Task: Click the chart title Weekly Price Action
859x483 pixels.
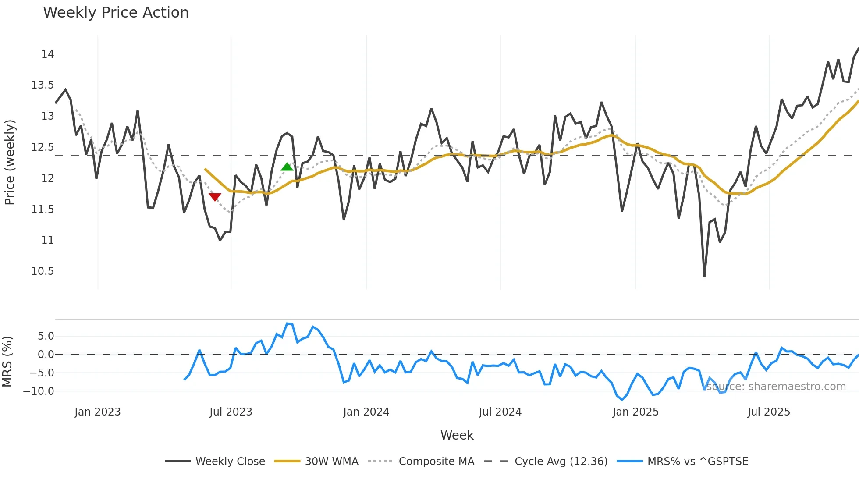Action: pyautogui.click(x=116, y=13)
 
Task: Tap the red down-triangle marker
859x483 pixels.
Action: pyautogui.click(x=215, y=197)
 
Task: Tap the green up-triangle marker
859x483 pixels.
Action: pyautogui.click(x=287, y=167)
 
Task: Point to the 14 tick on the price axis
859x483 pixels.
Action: pyautogui.click(x=47, y=54)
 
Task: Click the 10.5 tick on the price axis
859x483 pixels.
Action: pyautogui.click(x=43, y=271)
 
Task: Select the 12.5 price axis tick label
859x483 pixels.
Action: pyautogui.click(x=43, y=147)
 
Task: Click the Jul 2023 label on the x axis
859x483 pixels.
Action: pyautogui.click(x=231, y=412)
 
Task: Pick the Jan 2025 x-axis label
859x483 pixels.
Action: pyautogui.click(x=635, y=412)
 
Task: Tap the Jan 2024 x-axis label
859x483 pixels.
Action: pyautogui.click(x=366, y=412)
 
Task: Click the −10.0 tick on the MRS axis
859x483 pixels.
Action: pyautogui.click(x=39, y=391)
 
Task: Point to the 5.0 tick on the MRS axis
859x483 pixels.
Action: pyautogui.click(x=46, y=336)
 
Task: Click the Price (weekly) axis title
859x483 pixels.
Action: pyautogui.click(x=10, y=162)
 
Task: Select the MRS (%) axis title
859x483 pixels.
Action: pyautogui.click(x=7, y=362)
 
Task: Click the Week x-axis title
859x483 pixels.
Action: pyautogui.click(x=457, y=435)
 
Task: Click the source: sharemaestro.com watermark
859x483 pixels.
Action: pyautogui.click(x=776, y=387)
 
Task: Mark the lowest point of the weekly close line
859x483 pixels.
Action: pyautogui.click(x=704, y=276)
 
